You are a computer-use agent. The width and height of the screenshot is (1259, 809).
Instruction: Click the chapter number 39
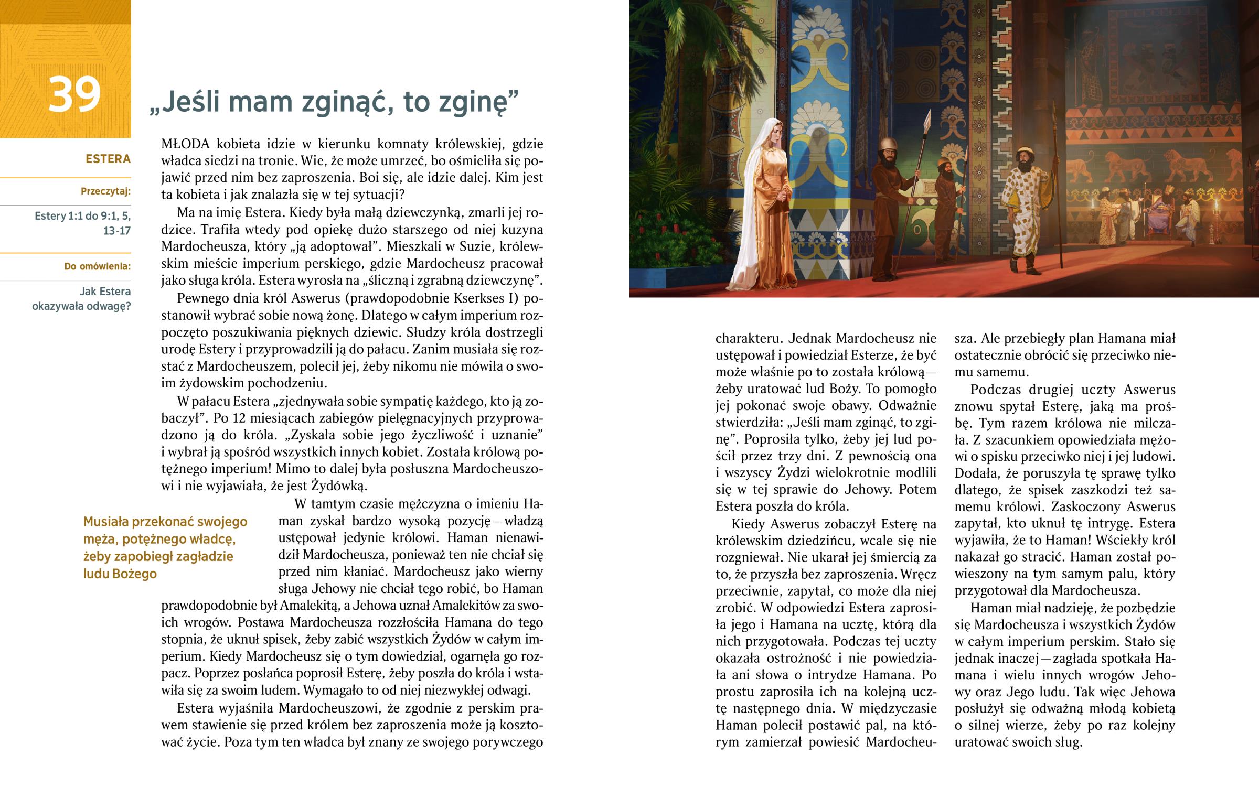(x=74, y=95)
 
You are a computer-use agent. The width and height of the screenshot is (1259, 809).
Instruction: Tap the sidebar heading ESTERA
(x=108, y=159)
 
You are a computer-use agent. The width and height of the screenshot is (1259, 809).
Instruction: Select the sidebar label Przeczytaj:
(x=105, y=191)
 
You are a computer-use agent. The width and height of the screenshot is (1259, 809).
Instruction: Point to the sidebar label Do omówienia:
(x=97, y=266)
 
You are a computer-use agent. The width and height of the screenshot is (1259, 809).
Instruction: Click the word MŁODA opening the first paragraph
(x=186, y=144)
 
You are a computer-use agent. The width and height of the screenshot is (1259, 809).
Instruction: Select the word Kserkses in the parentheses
(x=475, y=298)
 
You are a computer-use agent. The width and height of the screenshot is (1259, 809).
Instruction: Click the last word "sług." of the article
(x=1069, y=742)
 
